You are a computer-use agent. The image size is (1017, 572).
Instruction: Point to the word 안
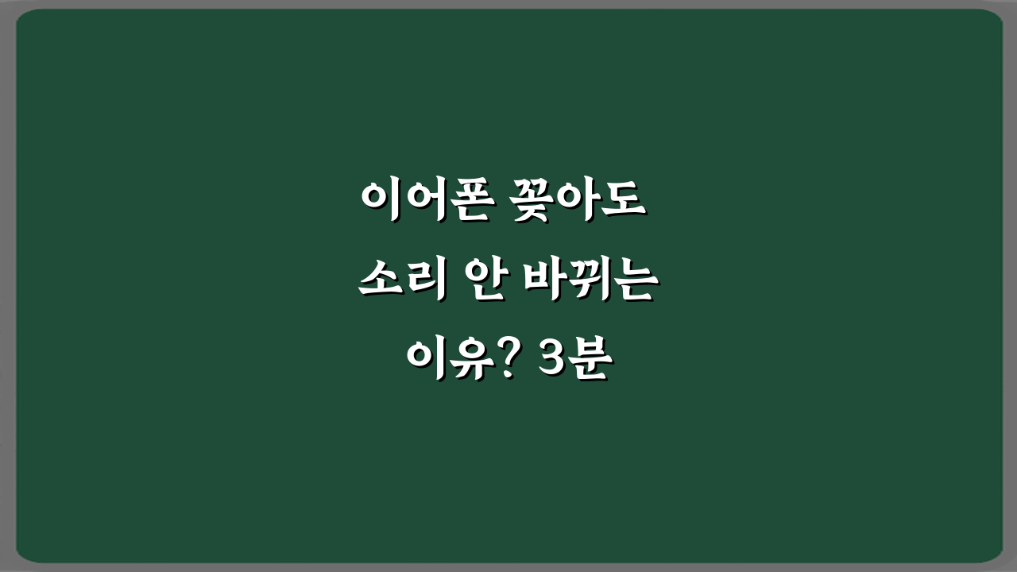pos(484,283)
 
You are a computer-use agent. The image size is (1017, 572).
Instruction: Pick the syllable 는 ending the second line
pos(632,283)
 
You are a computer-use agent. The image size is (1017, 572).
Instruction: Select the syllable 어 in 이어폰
pos(421,203)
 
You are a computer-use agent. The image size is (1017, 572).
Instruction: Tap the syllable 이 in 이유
pos(427,362)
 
